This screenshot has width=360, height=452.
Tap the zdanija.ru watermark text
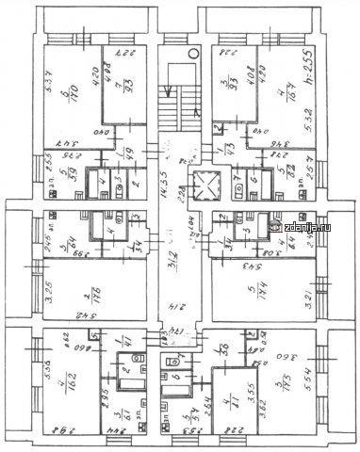point(319,226)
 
